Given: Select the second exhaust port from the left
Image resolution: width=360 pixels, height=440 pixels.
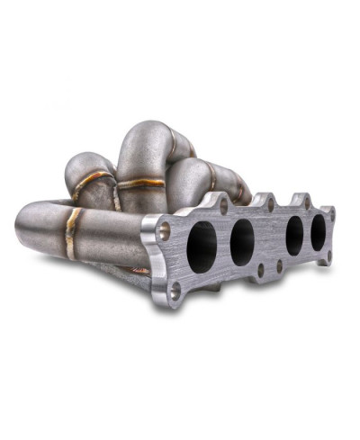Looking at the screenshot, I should coord(242,242).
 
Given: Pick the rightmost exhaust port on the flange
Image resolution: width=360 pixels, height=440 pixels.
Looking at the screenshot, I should coord(319,233).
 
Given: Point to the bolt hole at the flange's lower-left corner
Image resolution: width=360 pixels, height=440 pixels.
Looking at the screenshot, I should coord(176,289).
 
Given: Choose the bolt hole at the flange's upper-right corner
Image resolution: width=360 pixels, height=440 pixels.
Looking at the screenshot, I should coord(331,214).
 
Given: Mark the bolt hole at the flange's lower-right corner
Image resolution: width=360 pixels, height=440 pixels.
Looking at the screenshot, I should coord(329,255).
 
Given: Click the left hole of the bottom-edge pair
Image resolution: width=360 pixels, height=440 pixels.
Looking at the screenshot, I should coord(261,268).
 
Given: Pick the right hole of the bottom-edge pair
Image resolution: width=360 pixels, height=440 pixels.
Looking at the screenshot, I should coord(279,265).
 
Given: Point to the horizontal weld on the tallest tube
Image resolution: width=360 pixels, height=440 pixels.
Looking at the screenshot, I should coord(142,184).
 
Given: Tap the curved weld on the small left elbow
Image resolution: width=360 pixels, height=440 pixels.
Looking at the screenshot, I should coord(87,185).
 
